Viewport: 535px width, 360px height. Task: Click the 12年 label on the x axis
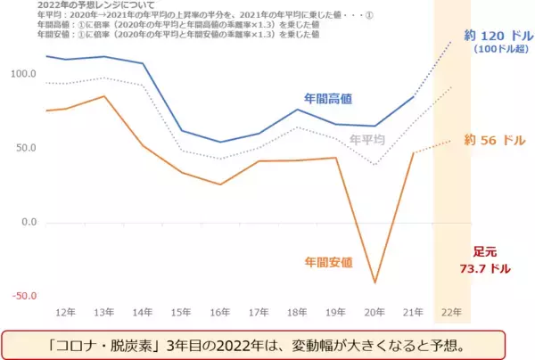pyautogui.click(x=65, y=313)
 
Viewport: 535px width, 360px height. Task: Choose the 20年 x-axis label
pyautogui.click(x=374, y=313)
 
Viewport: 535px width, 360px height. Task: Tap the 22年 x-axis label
pyautogui.click(x=452, y=313)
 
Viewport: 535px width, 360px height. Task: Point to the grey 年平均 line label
pyautogui.click(x=368, y=140)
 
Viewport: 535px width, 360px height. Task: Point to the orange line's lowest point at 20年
pyautogui.click(x=374, y=283)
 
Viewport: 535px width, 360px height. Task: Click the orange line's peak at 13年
pyautogui.click(x=104, y=96)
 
